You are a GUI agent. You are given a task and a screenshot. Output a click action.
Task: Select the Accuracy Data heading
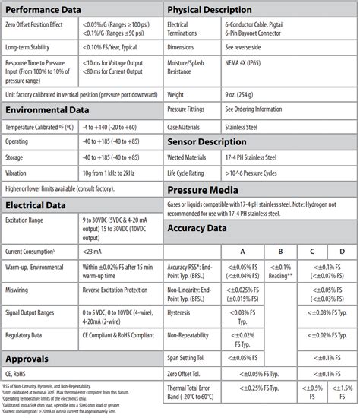200,228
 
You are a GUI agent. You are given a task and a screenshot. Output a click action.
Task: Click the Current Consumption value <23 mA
93,250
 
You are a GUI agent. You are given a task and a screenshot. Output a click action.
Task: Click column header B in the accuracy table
281,250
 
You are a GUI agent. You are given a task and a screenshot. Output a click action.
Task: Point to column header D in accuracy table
342,250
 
